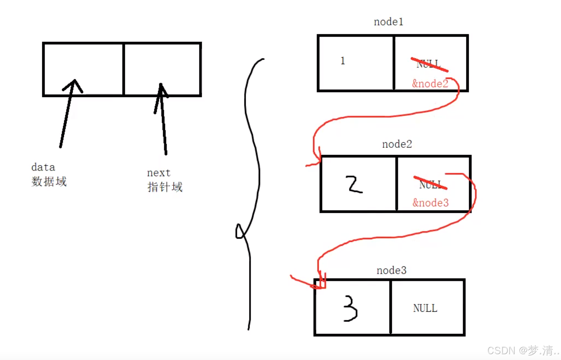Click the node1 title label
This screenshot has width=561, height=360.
[x=388, y=22]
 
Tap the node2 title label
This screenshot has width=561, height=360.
[x=397, y=144]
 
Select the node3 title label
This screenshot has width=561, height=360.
[x=391, y=271]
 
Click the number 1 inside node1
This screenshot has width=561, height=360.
[x=342, y=61]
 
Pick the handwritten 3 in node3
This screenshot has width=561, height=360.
[x=350, y=309]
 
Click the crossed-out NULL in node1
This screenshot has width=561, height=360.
[x=429, y=64]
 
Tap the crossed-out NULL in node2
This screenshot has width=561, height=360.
[x=430, y=184]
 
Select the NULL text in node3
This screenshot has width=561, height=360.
[x=425, y=308]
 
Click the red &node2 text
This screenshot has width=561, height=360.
[x=430, y=84]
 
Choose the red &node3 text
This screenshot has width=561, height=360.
[x=431, y=203]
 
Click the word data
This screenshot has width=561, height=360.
[x=43, y=167]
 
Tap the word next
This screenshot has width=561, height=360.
[x=159, y=173]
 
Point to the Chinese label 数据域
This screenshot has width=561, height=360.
[x=49, y=181]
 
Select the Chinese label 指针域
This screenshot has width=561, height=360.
[x=165, y=187]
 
